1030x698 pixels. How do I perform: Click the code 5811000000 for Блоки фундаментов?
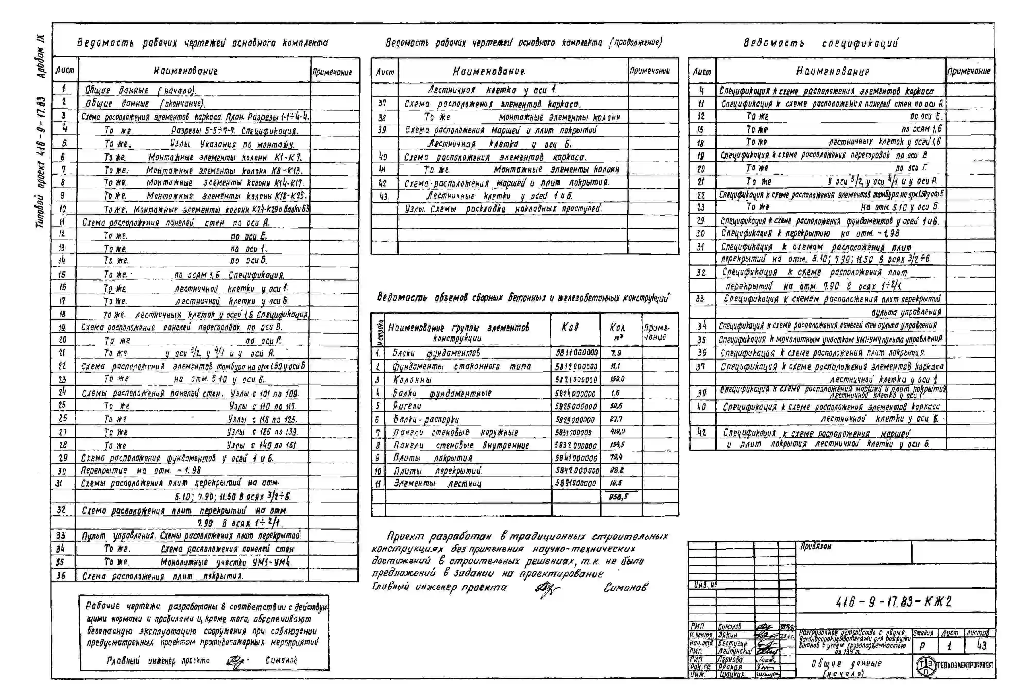pyautogui.click(x=576, y=353)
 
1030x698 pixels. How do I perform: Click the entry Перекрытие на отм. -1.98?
pyautogui.click(x=141, y=470)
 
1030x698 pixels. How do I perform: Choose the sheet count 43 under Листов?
pyautogui.click(x=982, y=645)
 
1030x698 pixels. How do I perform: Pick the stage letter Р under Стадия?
pyautogui.click(x=922, y=645)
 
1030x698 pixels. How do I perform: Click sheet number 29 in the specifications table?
pyautogui.click(x=700, y=220)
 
